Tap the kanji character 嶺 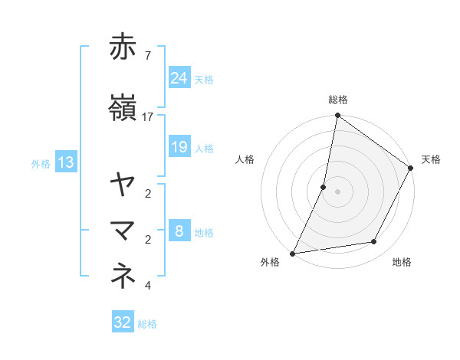(123, 109)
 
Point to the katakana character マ (123, 231)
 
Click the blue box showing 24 (179, 78)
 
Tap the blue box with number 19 (179, 147)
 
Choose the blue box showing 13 (65, 162)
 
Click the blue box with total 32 (123, 322)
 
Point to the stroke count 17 (148, 117)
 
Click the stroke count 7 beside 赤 (148, 56)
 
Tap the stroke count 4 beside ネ (148, 286)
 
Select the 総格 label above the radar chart (337, 100)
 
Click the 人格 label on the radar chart (245, 159)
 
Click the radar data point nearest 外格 (292, 253)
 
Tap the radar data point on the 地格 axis (374, 242)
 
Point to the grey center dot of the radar (337, 191)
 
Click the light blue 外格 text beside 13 (41, 163)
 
